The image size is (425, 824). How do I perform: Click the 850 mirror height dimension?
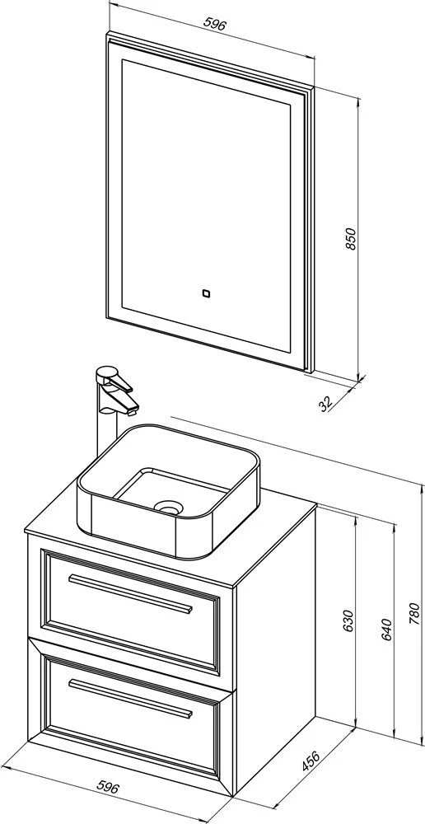[351, 239]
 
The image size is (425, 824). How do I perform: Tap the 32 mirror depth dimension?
[326, 404]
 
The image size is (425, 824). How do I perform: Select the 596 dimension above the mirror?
[216, 24]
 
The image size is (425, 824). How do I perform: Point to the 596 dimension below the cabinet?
[108, 787]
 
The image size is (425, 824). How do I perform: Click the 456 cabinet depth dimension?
[311, 761]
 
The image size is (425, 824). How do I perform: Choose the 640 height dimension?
[386, 629]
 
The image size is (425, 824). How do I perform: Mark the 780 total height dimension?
[414, 613]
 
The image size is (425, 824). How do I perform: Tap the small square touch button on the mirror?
[206, 294]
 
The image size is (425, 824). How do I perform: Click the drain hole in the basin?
[167, 507]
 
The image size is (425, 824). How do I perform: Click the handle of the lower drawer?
[130, 699]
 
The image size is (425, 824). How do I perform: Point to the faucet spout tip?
[131, 408]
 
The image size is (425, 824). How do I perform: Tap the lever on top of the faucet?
[114, 379]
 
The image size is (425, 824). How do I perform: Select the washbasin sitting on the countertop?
[169, 491]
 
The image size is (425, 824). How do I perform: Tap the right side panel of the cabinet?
[276, 652]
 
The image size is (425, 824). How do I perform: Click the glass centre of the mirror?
[206, 205]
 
